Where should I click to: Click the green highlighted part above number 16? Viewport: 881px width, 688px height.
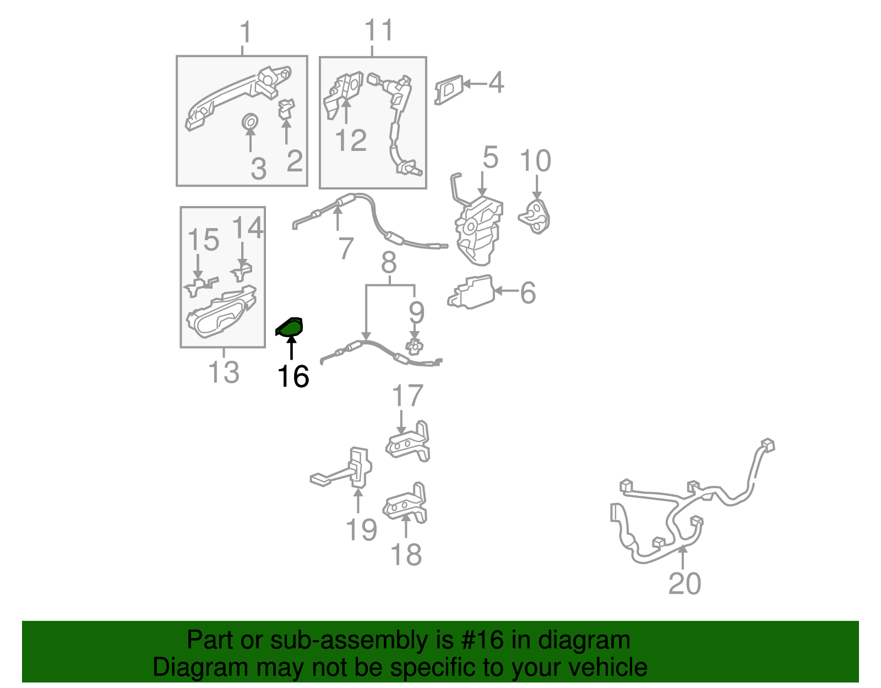click(x=290, y=327)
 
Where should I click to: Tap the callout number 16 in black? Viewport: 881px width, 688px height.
click(x=293, y=377)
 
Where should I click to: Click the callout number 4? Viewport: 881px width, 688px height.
click(x=496, y=82)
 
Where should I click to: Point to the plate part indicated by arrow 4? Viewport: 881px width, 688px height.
click(x=449, y=90)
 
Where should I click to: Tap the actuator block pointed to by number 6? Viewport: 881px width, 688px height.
click(x=471, y=292)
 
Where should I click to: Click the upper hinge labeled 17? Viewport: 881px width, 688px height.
click(x=408, y=442)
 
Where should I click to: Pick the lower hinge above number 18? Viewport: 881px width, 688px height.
click(x=405, y=503)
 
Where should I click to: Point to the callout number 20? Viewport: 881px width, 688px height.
click(x=684, y=584)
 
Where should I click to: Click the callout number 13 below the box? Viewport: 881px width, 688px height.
click(x=224, y=372)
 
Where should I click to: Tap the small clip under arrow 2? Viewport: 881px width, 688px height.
click(x=286, y=109)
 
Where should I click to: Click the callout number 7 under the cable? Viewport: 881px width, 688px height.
click(x=345, y=248)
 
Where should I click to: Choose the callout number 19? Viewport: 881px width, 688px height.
click(x=361, y=529)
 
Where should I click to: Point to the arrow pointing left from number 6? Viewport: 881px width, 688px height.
click(x=507, y=291)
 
